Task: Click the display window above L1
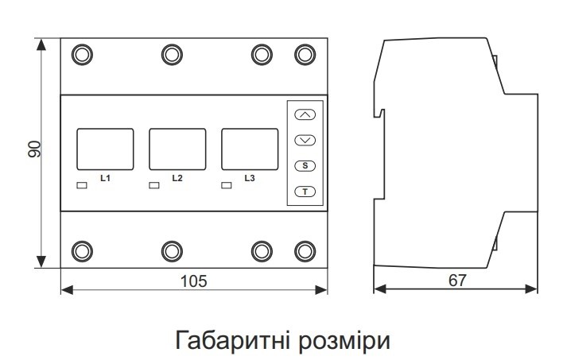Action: pyautogui.click(x=104, y=149)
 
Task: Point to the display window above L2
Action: pyautogui.click(x=177, y=149)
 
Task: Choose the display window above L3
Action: pyautogui.click(x=249, y=149)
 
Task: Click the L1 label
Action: pyautogui.click(x=104, y=178)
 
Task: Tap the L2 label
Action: pyautogui.click(x=177, y=178)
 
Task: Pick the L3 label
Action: pyautogui.click(x=249, y=178)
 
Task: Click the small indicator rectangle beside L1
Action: pyautogui.click(x=81, y=186)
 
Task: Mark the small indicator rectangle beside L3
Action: pyautogui.click(x=226, y=186)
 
